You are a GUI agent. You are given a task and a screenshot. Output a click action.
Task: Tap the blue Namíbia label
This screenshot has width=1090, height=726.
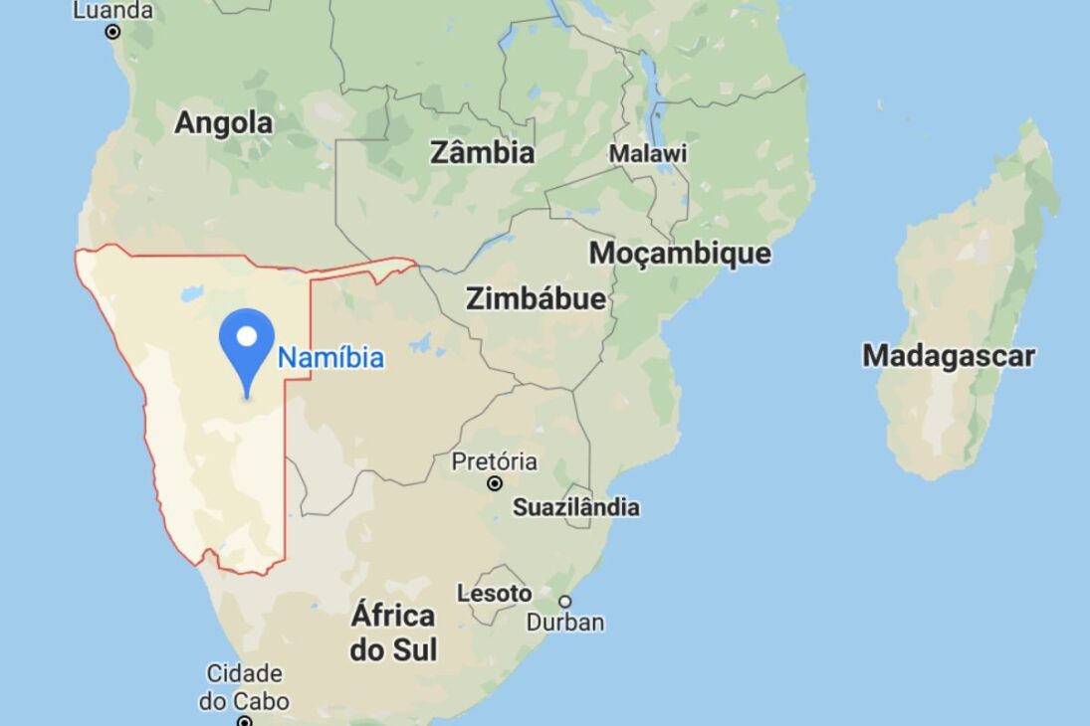point(330,358)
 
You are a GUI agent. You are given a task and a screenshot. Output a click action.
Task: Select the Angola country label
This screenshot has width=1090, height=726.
point(223,123)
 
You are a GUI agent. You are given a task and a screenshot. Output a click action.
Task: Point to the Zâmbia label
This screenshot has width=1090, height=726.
point(482,153)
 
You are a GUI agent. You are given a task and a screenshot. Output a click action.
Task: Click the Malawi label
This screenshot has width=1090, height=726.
point(648,154)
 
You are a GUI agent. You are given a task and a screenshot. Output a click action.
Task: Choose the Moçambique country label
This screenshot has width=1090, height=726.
point(680,253)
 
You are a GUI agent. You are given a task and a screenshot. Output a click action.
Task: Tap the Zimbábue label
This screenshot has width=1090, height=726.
point(536,298)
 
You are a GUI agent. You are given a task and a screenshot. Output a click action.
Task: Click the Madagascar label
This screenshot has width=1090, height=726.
point(949,355)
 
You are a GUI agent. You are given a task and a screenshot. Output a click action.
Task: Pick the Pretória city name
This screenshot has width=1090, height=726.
point(494,461)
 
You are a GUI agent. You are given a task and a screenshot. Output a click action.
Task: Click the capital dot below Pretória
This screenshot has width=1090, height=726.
point(495,483)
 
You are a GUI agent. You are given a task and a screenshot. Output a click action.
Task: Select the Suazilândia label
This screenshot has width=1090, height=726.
point(576,507)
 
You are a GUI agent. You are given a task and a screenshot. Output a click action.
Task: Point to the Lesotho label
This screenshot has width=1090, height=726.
point(494,594)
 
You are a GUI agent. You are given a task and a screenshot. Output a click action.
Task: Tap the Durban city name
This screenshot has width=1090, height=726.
point(565,623)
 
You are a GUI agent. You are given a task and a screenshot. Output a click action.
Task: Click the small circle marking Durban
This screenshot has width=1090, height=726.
point(564,601)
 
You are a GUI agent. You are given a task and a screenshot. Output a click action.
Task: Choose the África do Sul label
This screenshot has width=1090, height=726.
point(393,633)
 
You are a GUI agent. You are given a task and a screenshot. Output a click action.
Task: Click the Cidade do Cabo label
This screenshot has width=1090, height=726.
point(244,687)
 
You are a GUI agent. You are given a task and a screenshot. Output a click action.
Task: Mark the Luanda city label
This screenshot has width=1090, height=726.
point(113,11)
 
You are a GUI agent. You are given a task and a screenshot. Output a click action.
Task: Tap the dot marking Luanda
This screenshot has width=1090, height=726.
point(112,32)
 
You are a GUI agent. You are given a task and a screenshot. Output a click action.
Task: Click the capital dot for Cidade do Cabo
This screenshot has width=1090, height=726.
point(244,720)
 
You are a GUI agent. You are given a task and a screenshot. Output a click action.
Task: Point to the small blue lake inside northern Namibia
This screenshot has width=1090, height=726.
point(192,294)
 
